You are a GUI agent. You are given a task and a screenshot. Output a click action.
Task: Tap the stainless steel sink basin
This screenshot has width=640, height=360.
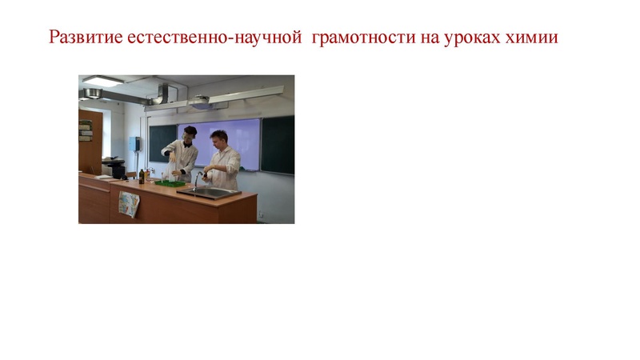pos(210,192)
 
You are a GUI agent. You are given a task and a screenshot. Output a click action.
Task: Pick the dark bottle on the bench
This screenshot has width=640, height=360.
pos(142,175)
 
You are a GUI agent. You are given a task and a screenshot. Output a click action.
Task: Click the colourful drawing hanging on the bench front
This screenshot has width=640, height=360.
pos(128,203)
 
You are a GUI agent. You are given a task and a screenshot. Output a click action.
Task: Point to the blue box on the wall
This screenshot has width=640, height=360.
pos(134,143)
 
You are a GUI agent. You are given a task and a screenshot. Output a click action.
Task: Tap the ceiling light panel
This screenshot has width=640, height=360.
pos(102,81)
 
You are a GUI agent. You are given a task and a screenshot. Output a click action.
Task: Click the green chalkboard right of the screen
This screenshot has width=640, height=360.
pos(278,144)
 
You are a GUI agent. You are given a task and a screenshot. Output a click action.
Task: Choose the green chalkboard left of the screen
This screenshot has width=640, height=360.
pos(162,139)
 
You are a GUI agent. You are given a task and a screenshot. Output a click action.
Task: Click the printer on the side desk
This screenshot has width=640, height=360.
pos(114,168)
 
